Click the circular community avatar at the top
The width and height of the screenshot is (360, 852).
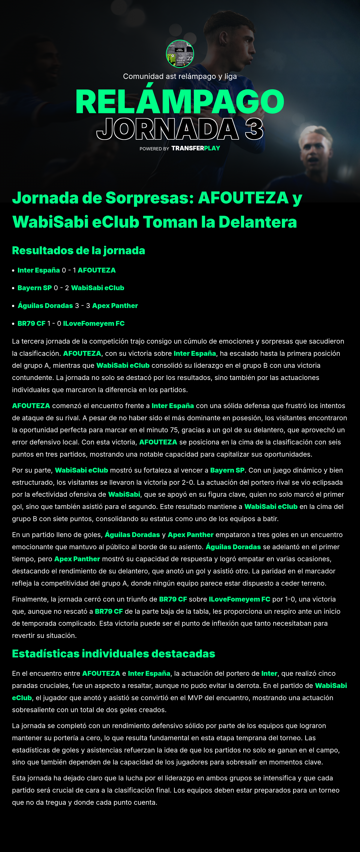point(180,54)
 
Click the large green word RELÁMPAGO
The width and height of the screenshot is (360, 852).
point(180,102)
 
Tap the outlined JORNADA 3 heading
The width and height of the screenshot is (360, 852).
point(180,129)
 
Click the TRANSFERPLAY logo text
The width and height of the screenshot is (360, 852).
point(196,148)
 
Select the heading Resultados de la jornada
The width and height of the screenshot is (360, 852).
point(78,250)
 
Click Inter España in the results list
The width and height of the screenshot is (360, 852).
point(39,270)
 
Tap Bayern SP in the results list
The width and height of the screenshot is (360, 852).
point(34,288)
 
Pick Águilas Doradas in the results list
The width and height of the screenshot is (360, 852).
point(45,306)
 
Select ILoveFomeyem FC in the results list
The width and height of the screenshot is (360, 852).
point(94,324)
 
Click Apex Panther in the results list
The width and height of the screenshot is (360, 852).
point(115,306)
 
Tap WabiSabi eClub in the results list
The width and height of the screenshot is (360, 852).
point(98,288)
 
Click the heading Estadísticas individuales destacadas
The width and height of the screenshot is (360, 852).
point(113,653)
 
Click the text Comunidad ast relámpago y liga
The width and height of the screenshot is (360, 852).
point(180,76)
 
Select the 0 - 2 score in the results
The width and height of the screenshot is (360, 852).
point(61,288)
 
